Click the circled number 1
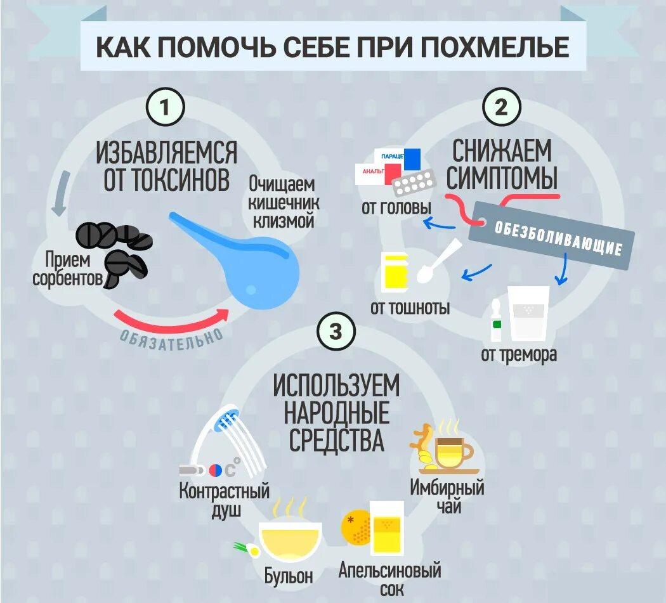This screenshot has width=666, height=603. pyautogui.click(x=165, y=107)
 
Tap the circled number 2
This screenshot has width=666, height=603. pyautogui.click(x=501, y=107)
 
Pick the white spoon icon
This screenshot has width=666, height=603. pyautogui.click(x=436, y=261)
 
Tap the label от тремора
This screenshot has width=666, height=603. pyautogui.click(x=519, y=354)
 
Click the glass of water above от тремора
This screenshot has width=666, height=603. pyautogui.click(x=529, y=313)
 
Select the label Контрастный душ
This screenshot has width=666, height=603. pyautogui.click(x=224, y=500)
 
